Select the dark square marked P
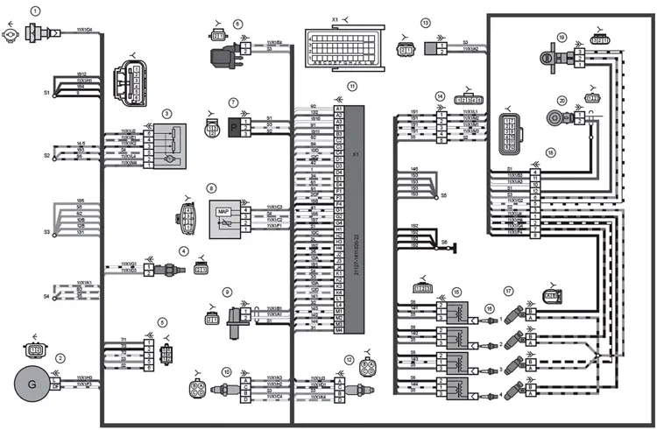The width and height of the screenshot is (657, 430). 235,126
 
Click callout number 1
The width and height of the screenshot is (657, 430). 35,11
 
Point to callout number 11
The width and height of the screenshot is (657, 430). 351,87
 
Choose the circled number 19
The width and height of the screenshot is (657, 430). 562,38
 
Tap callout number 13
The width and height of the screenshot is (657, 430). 425,23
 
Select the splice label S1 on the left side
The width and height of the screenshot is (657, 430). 46,92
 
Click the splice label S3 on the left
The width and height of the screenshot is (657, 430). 46,232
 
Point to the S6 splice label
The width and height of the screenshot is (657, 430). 444,242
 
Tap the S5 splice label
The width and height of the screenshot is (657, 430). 443,195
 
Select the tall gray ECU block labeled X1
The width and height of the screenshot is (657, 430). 353,219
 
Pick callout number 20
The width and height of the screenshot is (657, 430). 562,100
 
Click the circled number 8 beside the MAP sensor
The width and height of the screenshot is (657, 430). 210,187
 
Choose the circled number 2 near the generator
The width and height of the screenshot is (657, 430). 60,357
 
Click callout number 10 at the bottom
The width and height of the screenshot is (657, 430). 226,372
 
